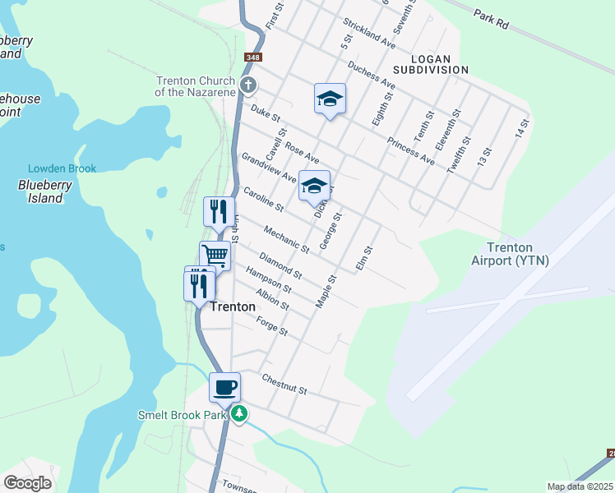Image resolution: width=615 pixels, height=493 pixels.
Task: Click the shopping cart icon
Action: [x=215, y=256]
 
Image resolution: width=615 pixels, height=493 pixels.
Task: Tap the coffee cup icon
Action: [x=224, y=387]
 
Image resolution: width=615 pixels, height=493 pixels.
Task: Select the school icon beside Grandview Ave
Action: [x=314, y=187]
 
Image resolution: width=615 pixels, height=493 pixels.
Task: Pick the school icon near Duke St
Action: [x=330, y=99]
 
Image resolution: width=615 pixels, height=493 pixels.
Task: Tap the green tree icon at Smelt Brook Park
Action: [x=239, y=413]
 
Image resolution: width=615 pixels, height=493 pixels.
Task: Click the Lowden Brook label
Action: [x=62, y=168]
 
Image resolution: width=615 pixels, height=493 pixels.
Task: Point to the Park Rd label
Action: [x=492, y=20]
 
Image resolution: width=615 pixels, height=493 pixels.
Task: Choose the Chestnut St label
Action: [x=284, y=383]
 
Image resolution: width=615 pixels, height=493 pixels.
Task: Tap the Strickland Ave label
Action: [x=371, y=32]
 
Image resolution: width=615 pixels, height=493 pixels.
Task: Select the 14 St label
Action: [x=521, y=128]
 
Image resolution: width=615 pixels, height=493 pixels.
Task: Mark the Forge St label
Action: [x=271, y=326]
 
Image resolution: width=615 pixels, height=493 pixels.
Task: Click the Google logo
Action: [x=27, y=482]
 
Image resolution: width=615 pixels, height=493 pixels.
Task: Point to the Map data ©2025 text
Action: [x=580, y=486]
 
